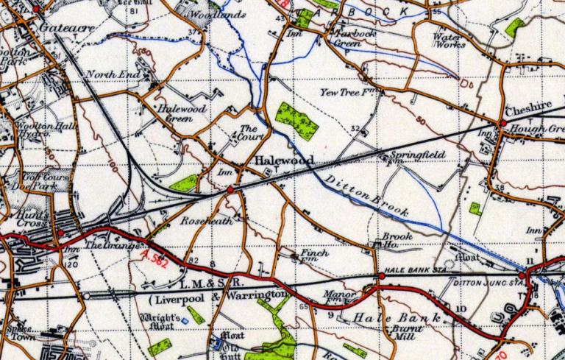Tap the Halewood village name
pos(285,160)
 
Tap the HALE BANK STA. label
pos(407,270)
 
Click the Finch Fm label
pos(314,255)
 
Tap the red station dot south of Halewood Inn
pos(230,190)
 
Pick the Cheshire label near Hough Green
pos(526,107)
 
